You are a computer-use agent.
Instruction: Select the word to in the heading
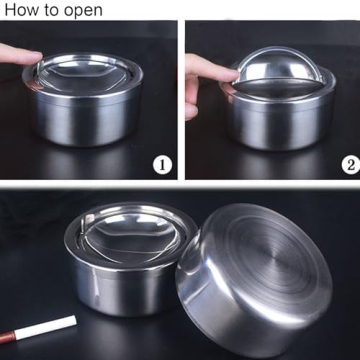pyautogui.click(x=52, y=12)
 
